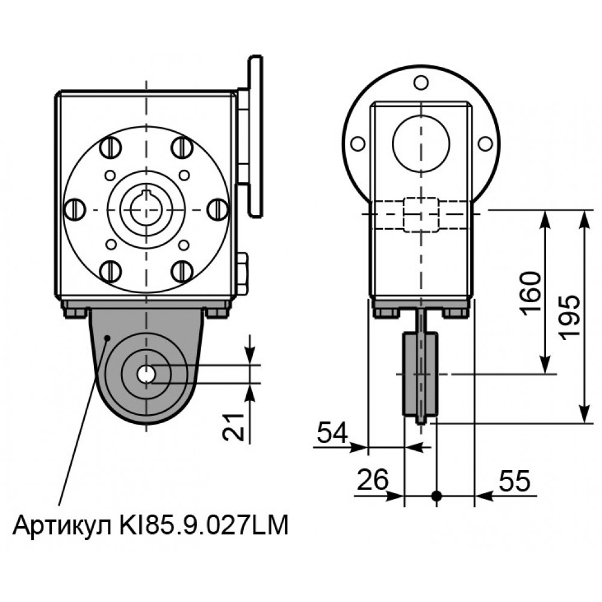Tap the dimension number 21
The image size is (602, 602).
[x=234, y=427]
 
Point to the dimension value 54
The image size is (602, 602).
[x=332, y=432]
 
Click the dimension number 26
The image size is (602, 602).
[x=373, y=480]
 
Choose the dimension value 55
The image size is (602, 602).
[x=515, y=480]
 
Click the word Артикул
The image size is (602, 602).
[x=64, y=526]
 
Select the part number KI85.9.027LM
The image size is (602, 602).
[x=204, y=525]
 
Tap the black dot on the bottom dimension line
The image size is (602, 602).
[x=436, y=495]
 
